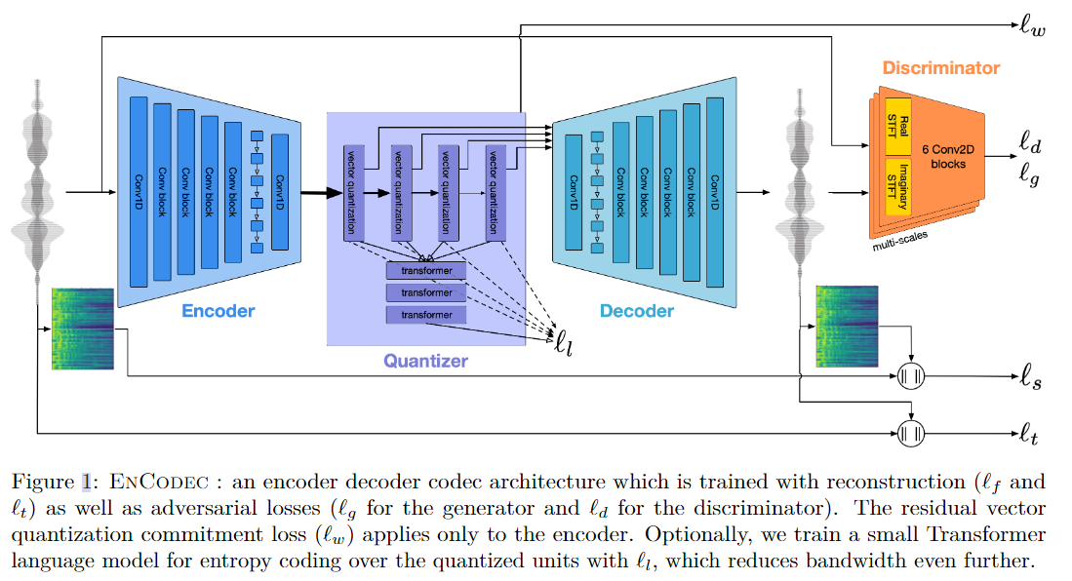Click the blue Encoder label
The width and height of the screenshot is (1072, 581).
218,311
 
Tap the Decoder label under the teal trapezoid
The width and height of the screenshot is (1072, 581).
636,311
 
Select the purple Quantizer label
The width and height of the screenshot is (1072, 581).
425,361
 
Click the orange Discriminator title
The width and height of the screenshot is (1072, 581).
940,68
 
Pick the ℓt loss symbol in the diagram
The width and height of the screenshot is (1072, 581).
1028,432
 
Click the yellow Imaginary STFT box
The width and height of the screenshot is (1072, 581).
897,185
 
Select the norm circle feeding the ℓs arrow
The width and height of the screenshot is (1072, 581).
910,376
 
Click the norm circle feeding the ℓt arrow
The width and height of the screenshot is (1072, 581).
910,432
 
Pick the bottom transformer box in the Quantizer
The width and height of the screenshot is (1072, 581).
426,315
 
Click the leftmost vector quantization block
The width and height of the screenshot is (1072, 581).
353,191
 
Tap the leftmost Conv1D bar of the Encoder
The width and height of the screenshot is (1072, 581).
138,191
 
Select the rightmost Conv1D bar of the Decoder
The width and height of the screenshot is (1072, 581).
715,191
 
